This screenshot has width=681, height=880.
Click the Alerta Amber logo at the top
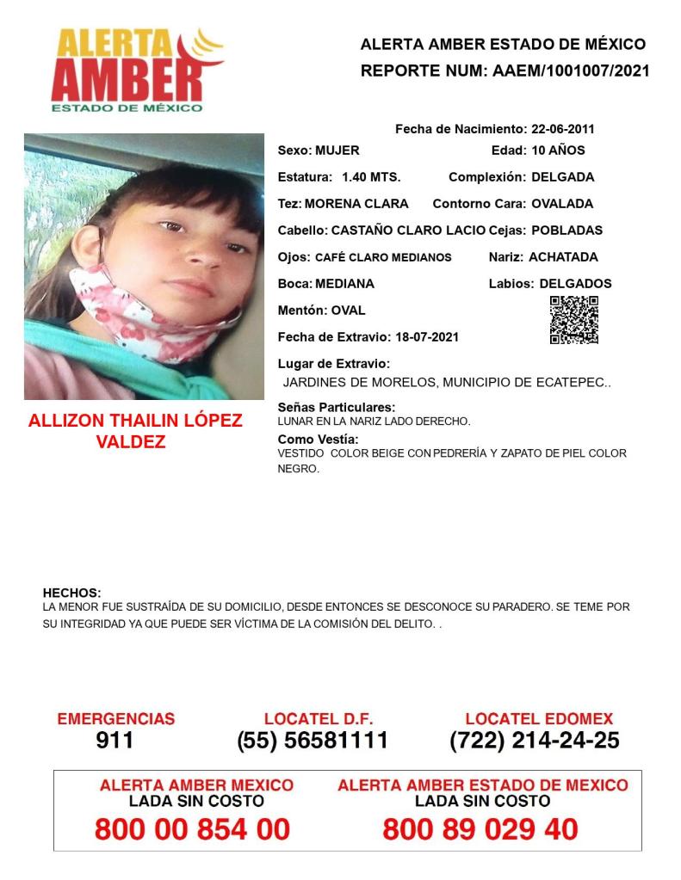tap(136, 70)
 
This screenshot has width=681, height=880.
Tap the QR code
tap(573, 320)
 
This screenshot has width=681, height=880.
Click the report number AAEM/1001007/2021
tap(572, 71)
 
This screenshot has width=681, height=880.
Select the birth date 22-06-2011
tap(561, 130)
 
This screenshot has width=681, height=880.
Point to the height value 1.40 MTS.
tap(371, 177)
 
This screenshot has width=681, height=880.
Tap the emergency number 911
tap(115, 740)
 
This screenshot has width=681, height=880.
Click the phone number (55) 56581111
tap(313, 740)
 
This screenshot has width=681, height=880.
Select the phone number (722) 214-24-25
tap(534, 740)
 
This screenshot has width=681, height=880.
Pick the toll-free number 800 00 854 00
tap(192, 829)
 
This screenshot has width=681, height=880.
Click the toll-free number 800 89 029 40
tap(480, 829)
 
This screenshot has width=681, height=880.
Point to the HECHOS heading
tap(72, 593)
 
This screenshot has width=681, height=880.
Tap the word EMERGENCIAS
tap(115, 719)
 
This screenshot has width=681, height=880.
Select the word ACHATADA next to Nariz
tap(563, 256)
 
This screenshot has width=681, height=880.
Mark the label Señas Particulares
tap(337, 407)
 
